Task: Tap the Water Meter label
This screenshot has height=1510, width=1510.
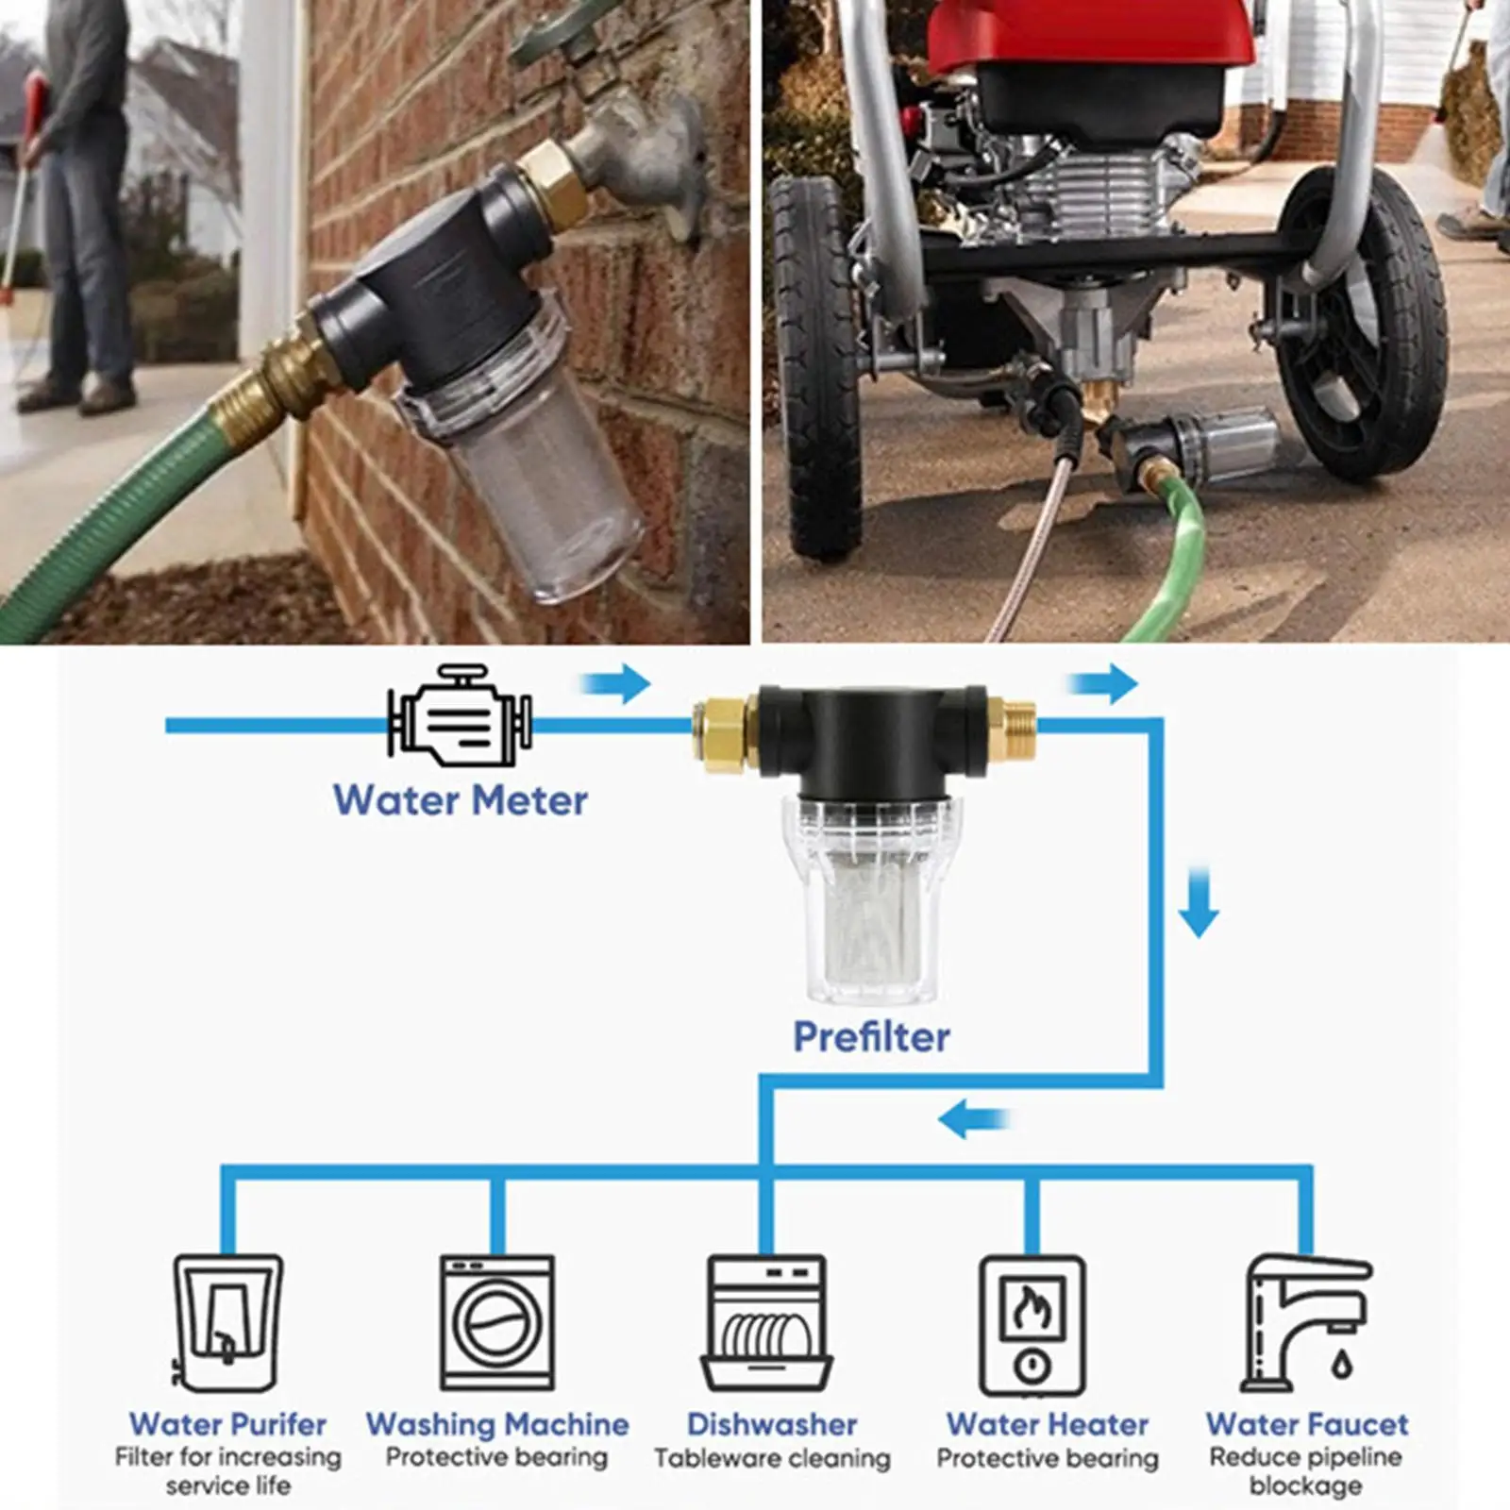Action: click(461, 800)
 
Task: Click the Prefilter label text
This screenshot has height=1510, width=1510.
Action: click(871, 1036)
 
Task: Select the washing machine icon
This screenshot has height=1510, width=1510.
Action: click(497, 1322)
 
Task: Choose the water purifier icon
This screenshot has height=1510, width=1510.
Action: click(227, 1322)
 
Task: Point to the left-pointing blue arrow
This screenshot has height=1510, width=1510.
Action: click(972, 1120)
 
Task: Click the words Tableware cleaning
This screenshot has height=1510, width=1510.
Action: click(772, 1459)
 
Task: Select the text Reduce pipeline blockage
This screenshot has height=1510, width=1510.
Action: click(1305, 1471)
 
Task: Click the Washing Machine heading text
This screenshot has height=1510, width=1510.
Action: click(497, 1424)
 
